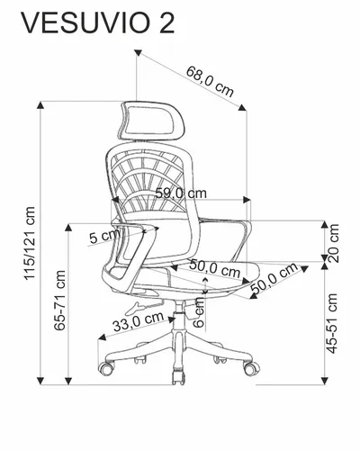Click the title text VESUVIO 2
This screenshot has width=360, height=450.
click(x=98, y=23)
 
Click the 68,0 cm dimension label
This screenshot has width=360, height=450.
click(x=210, y=81)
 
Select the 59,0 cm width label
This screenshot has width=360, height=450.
click(x=181, y=193)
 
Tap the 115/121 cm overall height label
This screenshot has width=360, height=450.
click(x=30, y=243)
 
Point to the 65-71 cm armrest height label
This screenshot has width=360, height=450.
click(x=59, y=301)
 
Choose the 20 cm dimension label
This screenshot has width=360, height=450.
click(x=333, y=243)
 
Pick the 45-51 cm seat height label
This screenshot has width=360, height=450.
click(x=332, y=323)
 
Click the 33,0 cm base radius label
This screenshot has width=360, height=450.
click(x=139, y=321)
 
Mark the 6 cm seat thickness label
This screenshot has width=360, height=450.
click(x=199, y=312)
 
